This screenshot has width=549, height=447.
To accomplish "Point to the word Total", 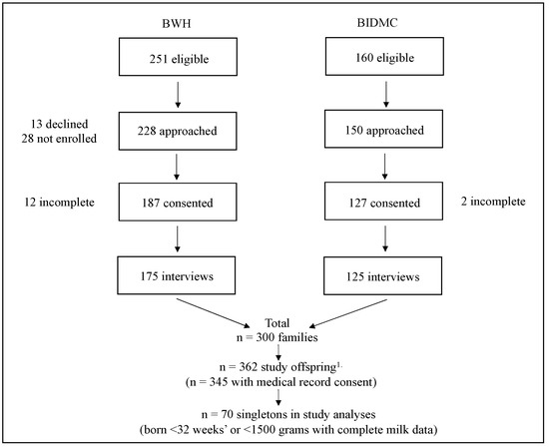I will [277, 324].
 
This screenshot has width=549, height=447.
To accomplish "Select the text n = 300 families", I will [277, 339].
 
